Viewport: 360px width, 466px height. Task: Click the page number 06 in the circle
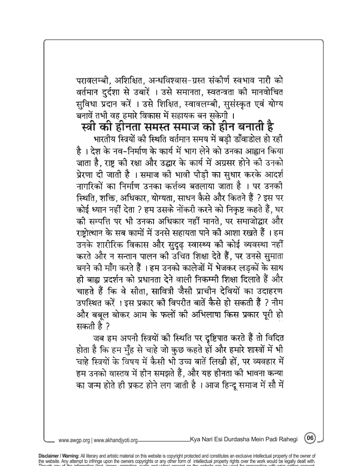[311, 438]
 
